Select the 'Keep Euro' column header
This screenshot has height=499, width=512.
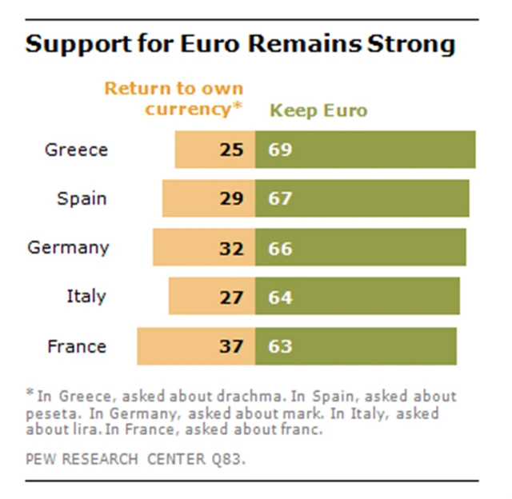point(318,110)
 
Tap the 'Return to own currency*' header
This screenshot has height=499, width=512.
point(194,98)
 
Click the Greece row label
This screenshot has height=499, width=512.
point(76,150)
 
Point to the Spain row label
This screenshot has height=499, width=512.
point(82,198)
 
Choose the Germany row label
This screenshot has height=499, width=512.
point(68,247)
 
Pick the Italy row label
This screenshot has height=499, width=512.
point(86,297)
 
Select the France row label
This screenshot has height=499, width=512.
point(77,346)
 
